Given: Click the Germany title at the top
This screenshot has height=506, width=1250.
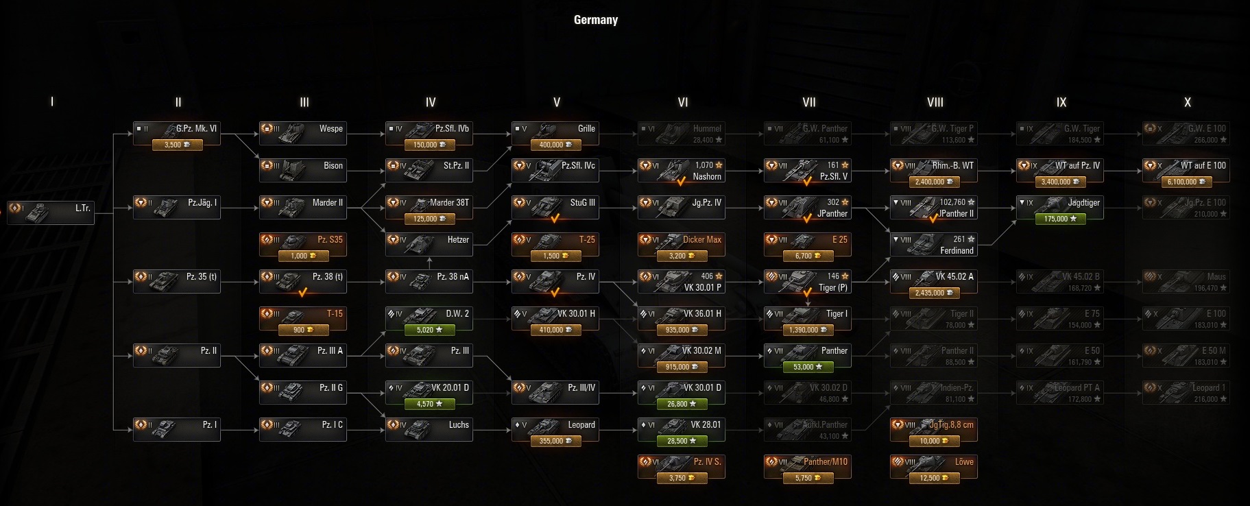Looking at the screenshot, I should click(x=595, y=20).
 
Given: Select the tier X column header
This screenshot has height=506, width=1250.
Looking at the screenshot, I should click(x=1187, y=102).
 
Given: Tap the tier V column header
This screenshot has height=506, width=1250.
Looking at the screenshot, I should click(x=556, y=102).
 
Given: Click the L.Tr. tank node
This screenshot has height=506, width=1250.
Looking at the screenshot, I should click(x=50, y=213).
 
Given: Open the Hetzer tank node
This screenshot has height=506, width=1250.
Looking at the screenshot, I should click(x=429, y=244).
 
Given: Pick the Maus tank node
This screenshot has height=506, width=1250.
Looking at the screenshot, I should click(x=1186, y=281).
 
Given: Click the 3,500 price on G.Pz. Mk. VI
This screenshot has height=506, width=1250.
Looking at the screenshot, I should click(x=177, y=145).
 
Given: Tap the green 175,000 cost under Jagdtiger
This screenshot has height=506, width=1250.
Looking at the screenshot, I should click(x=1059, y=219).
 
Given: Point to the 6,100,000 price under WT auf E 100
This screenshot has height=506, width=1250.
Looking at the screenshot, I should click(x=1186, y=182).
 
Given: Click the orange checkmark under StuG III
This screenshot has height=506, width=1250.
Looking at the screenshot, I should click(x=555, y=219).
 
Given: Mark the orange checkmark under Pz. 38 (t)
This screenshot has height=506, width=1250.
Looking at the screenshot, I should click(x=302, y=293).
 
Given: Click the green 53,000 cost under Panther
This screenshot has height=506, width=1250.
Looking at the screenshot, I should click(x=807, y=367).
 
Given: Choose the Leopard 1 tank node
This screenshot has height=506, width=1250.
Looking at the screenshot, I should click(x=1186, y=392).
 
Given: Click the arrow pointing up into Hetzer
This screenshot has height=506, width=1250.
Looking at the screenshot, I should click(x=429, y=261).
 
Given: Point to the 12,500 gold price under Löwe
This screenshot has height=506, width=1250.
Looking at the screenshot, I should click(x=933, y=478).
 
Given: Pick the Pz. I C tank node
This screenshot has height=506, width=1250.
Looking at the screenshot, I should click(x=302, y=429).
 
